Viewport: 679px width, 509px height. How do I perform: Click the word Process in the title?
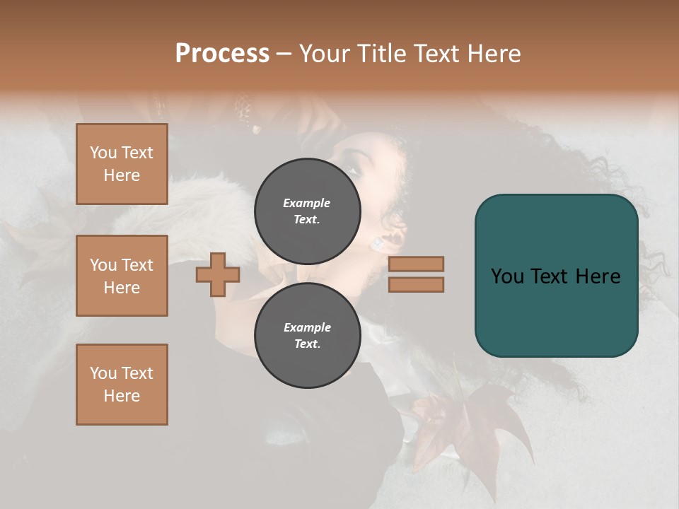click(x=222, y=54)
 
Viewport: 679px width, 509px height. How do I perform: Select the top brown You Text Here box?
click(x=122, y=164)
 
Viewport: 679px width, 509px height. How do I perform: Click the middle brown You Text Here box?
click(x=122, y=276)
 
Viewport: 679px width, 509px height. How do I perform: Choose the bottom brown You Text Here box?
click(x=122, y=385)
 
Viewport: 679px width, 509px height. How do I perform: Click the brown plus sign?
click(x=218, y=275)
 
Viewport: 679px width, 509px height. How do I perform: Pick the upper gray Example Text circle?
click(x=307, y=211)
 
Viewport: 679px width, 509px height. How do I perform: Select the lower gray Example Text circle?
click(x=307, y=335)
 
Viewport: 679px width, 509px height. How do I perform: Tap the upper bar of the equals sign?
click(x=416, y=264)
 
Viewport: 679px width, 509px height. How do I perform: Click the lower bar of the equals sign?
click(x=416, y=284)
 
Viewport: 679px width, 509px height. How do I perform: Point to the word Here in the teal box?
click(x=598, y=276)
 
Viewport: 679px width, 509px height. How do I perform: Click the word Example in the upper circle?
click(x=307, y=203)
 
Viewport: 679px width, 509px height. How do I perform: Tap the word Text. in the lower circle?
click(x=307, y=344)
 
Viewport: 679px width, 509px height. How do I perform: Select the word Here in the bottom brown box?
click(x=122, y=396)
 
